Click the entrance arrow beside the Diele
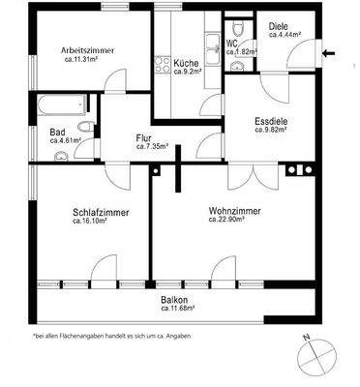(332, 54)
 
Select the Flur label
(143, 137)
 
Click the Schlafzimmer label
(101, 212)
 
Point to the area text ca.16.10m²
(94, 222)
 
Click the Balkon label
(174, 299)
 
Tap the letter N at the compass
(303, 338)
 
